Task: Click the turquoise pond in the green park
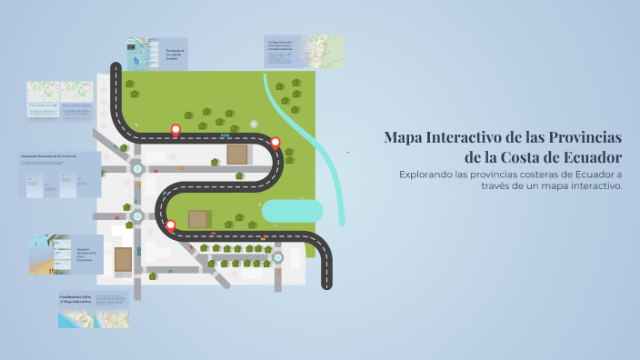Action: pyautogui.click(x=292, y=210)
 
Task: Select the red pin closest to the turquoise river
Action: pyautogui.click(x=275, y=143)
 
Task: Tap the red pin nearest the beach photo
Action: pyautogui.click(x=170, y=225)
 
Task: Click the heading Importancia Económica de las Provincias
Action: pyautogui.click(x=49, y=156)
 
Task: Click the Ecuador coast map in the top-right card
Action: pyautogui.click(x=323, y=53)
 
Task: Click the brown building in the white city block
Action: pyautogui.click(x=123, y=259)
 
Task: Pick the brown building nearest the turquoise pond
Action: pyautogui.click(x=237, y=155)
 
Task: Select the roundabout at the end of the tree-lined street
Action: pyautogui.click(x=278, y=258)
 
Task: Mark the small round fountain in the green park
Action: pyautogui.click(x=254, y=124)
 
